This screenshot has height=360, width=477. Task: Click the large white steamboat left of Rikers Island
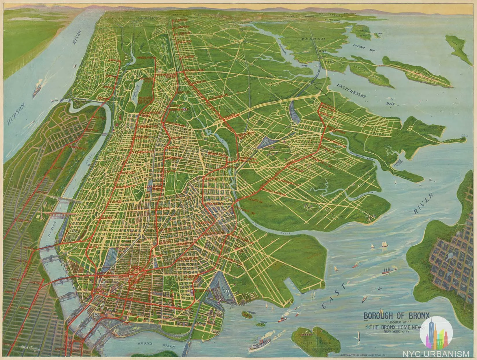click(x=262, y=343)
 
